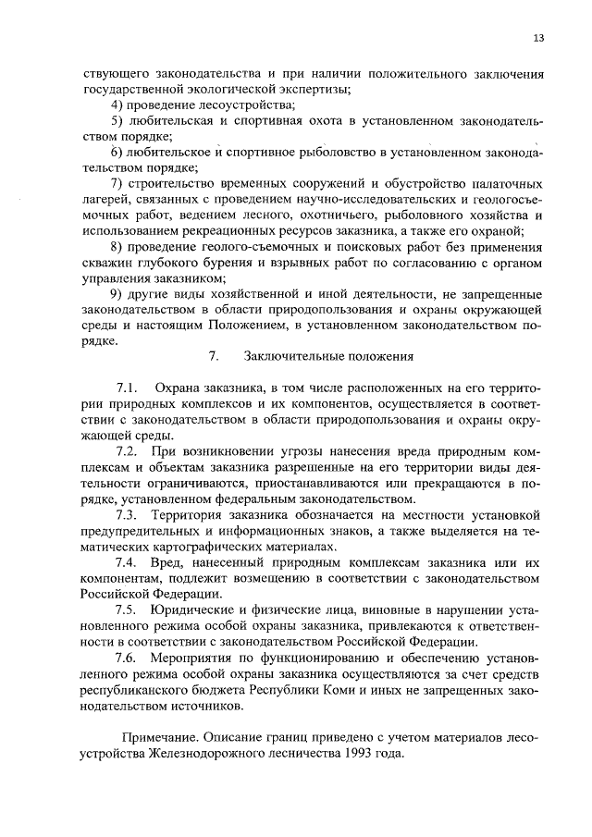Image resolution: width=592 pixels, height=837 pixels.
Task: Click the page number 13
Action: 538,38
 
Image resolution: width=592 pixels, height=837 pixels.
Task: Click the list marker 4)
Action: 117,105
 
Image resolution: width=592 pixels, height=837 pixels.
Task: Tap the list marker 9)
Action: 117,292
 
